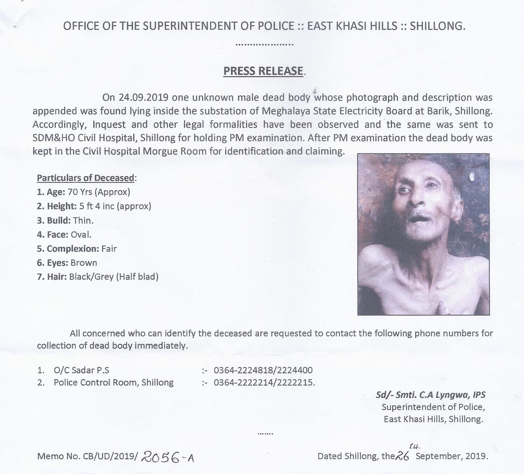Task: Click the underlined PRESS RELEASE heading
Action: tap(263, 71)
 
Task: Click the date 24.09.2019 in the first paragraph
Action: tap(143, 98)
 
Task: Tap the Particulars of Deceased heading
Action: tap(86, 178)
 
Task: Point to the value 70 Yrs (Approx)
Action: tap(99, 192)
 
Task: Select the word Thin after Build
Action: tap(83, 220)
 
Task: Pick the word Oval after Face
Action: tap(81, 235)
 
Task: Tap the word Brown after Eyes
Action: tap(84, 263)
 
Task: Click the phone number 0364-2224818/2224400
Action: tap(263, 370)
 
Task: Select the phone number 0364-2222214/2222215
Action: tap(264, 383)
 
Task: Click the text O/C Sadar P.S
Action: tap(81, 370)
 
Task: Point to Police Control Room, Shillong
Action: tap(113, 383)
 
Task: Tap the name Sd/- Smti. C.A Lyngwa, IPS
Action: tap(430, 395)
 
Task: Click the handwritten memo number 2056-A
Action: tap(168, 457)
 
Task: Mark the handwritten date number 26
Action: tap(402, 456)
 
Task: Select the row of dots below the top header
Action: tap(264, 44)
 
